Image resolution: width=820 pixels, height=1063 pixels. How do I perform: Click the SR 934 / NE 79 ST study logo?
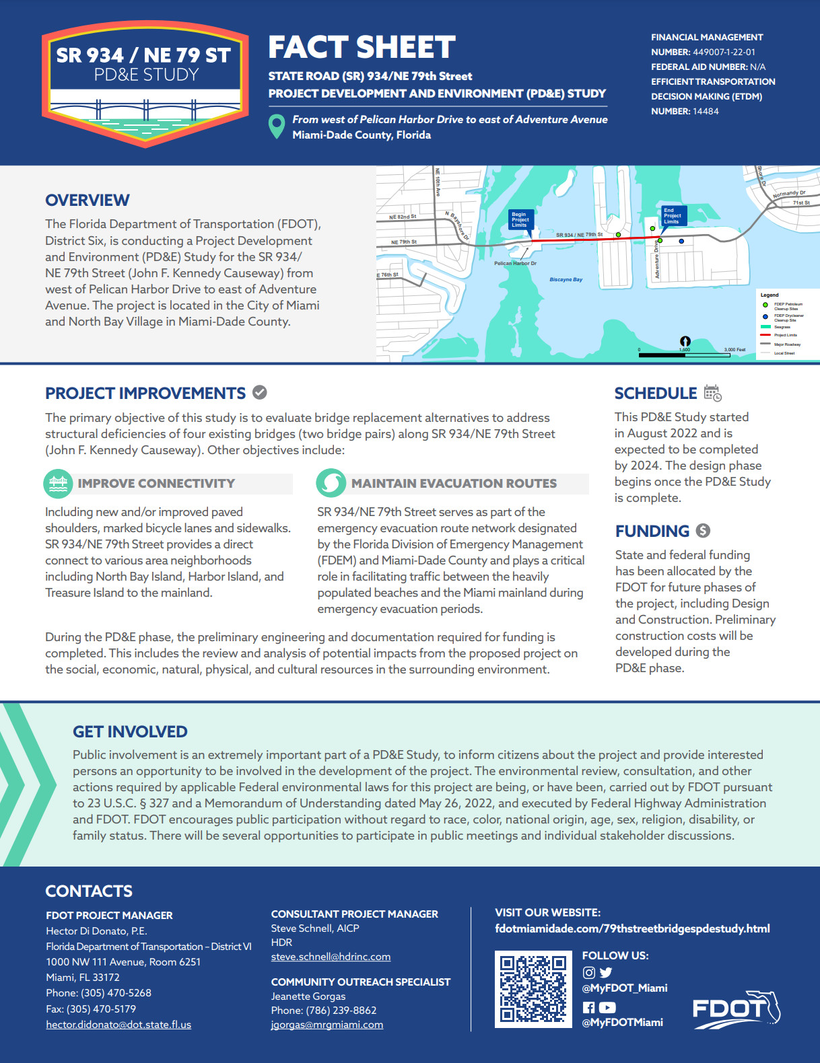click(145, 83)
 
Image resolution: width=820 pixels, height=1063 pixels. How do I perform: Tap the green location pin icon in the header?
click(276, 126)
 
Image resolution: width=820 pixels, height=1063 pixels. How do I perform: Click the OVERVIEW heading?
click(88, 200)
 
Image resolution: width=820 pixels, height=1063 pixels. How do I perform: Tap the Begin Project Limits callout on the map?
click(520, 220)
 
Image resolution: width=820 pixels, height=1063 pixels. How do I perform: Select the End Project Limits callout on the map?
click(672, 216)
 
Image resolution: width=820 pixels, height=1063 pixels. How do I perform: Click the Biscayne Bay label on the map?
click(566, 279)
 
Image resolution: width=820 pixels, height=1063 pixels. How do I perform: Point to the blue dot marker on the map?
click(681, 241)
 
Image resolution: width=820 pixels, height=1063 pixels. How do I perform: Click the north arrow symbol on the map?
click(685, 341)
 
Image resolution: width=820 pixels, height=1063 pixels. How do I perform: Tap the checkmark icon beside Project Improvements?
click(259, 392)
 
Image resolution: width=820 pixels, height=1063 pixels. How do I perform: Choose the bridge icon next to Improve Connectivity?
click(58, 482)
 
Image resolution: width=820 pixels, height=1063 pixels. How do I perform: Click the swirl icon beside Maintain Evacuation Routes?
click(331, 482)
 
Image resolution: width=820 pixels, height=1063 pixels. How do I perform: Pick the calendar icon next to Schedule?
click(712, 393)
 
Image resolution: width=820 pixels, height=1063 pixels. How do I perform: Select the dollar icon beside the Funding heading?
click(703, 531)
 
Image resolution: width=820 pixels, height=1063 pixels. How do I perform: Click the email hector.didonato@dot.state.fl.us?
click(118, 1025)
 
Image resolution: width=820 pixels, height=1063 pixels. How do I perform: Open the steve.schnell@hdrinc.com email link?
click(331, 956)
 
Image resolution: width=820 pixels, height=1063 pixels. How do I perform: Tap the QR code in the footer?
click(533, 989)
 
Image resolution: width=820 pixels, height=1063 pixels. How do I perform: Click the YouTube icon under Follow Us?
click(607, 1007)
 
